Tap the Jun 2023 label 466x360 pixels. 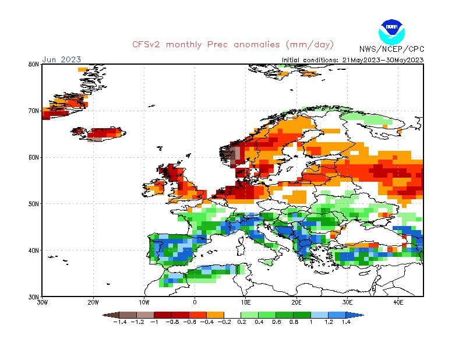(61, 59)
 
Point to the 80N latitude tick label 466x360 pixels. (33, 64)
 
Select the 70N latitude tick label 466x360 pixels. (33, 111)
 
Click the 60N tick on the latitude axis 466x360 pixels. (33, 157)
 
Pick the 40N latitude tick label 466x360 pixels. (33, 250)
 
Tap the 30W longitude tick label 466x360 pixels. (43, 302)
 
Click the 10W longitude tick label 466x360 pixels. (144, 302)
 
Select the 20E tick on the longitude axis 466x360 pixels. (297, 302)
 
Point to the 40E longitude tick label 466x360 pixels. (399, 302)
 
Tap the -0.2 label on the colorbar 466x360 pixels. (224, 322)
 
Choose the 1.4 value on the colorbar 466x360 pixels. (346, 322)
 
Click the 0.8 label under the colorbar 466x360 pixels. (295, 322)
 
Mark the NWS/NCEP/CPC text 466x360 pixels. (391, 49)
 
